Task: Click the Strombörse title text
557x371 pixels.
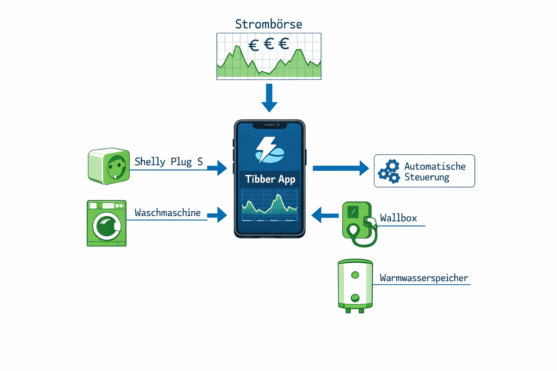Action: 268,24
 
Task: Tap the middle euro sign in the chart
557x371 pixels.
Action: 269,44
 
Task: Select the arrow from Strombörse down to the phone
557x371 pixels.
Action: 269,98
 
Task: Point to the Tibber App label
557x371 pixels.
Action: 270,179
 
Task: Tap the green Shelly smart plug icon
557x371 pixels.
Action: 109,166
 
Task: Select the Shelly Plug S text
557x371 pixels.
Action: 169,162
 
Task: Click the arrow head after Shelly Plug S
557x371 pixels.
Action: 222,168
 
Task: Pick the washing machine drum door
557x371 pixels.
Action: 107,226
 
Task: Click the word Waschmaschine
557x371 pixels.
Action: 168,213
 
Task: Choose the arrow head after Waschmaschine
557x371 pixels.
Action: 222,215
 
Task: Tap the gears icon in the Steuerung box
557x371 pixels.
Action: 389,171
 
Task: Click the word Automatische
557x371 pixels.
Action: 435,166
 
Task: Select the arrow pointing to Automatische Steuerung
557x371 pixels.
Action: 341,168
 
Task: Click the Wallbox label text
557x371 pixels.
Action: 398,218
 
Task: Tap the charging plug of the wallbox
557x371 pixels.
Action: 370,222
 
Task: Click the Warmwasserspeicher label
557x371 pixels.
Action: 424,278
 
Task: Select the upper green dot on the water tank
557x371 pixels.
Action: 355,275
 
